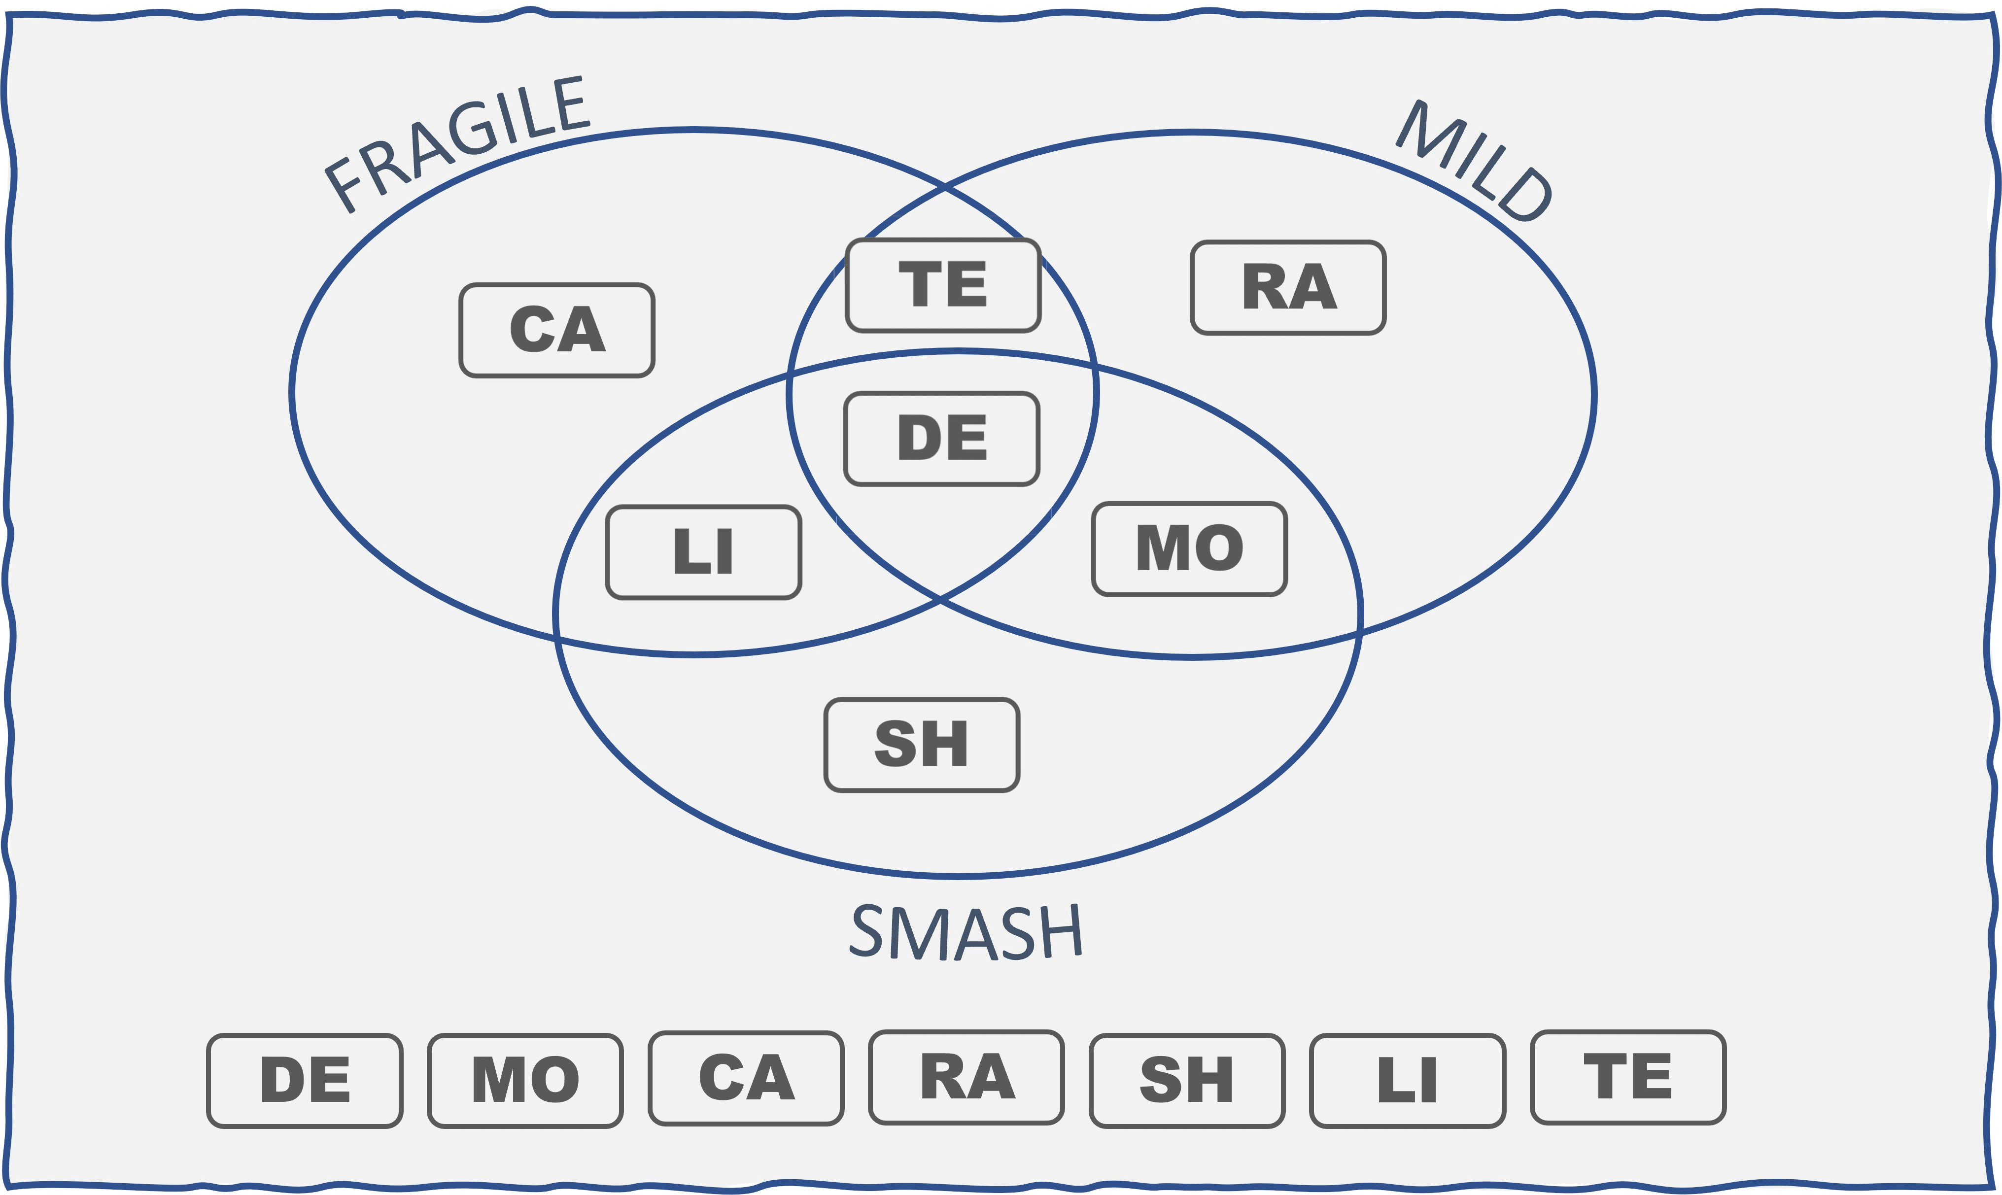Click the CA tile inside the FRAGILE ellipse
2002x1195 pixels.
pyautogui.click(x=556, y=329)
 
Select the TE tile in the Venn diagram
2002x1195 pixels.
pyautogui.click(x=943, y=284)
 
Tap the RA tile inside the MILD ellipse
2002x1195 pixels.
pyautogui.click(x=1288, y=287)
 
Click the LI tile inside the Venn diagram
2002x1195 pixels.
pyautogui.click(x=703, y=551)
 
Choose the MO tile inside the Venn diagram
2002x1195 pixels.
pyautogui.click(x=1189, y=548)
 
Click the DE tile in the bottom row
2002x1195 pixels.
pyautogui.click(x=305, y=1080)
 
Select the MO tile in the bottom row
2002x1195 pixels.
pyautogui.click(x=525, y=1080)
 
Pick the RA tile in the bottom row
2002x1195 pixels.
pyautogui.click(x=966, y=1077)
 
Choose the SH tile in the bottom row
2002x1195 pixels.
pyautogui.click(x=1186, y=1080)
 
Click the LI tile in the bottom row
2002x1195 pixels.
pyautogui.click(x=1407, y=1080)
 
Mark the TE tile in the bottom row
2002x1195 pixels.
pyautogui.click(x=1627, y=1077)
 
